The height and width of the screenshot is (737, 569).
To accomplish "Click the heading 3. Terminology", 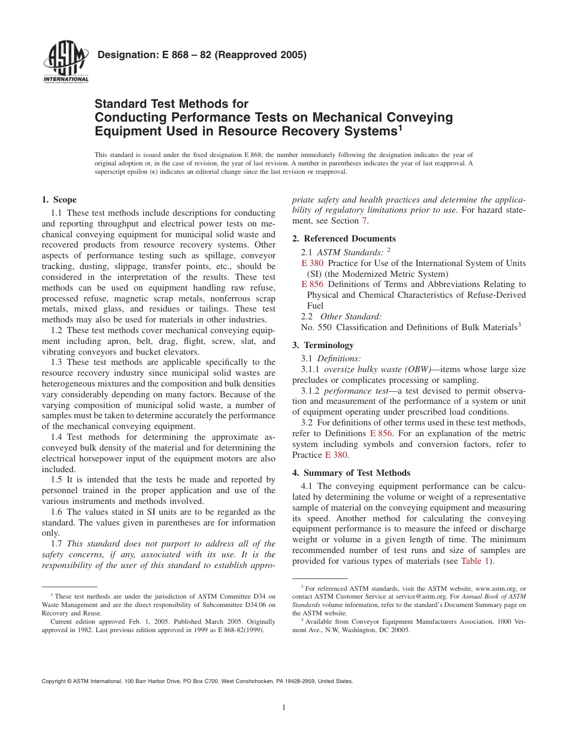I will click(323, 345).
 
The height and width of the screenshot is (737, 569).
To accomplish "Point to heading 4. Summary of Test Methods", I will click(351, 473).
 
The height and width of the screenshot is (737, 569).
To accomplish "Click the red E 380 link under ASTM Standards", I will click(311, 263).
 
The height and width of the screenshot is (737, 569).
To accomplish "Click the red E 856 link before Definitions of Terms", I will click(311, 284).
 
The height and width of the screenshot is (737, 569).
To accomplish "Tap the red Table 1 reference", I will click(474, 561).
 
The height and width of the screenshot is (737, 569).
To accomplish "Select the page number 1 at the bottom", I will click(284, 708).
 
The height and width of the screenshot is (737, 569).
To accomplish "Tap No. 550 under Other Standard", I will click(316, 327).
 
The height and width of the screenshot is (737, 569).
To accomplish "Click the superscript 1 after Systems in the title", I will click(399, 127).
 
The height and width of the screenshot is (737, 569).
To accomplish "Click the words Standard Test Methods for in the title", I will click(171, 104).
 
